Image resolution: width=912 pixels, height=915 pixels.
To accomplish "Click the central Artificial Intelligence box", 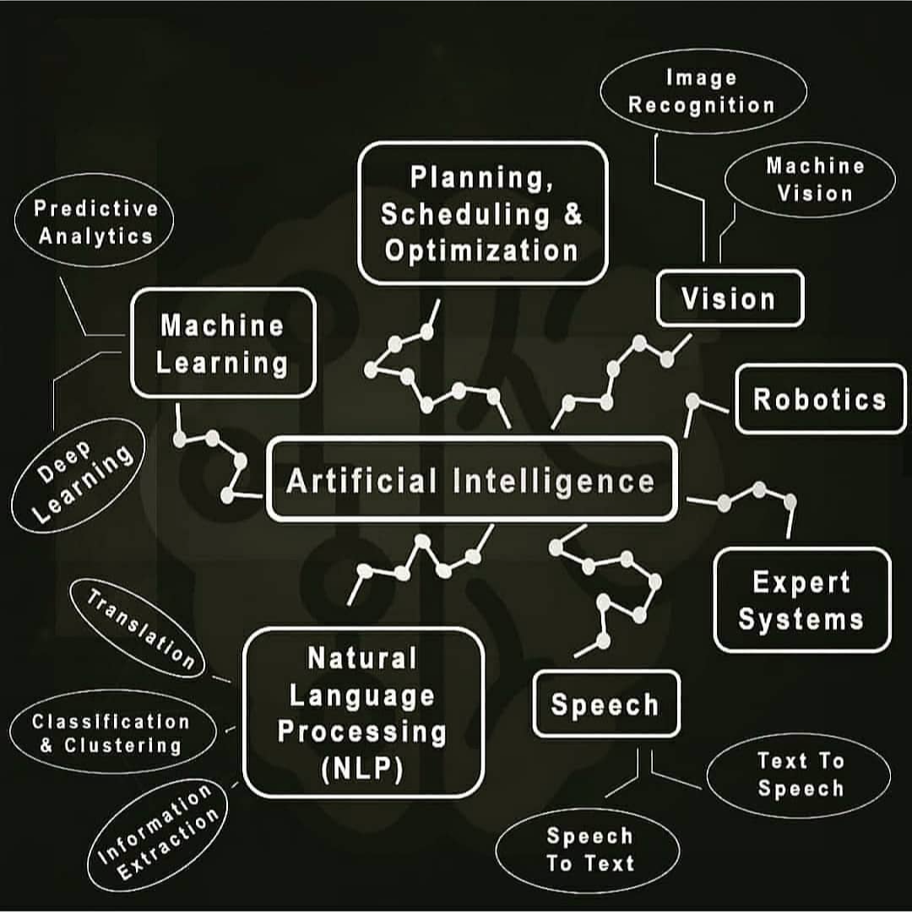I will coord(471,480).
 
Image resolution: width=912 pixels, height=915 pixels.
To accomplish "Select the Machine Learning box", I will coord(223,344).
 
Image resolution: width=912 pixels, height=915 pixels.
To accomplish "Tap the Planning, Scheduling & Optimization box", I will coord(482,213).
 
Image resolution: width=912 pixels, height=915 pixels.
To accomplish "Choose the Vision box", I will coord(729,298).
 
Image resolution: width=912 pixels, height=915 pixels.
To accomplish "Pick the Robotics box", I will coord(820,399).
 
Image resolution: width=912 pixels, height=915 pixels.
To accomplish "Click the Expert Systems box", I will coord(801,600).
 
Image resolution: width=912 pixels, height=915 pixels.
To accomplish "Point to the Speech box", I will coord(605,704).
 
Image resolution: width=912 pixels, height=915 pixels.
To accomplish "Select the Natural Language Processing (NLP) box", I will coord(363,713).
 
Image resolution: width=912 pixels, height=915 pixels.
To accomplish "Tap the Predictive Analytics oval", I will coord(95,222).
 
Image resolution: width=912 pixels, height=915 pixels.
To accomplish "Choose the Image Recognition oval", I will coord(702,91).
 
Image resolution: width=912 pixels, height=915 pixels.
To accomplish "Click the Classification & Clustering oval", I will coord(111,733).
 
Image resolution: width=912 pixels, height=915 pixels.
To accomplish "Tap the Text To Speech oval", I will coord(799,775).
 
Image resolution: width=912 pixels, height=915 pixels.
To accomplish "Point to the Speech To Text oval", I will coord(589,850).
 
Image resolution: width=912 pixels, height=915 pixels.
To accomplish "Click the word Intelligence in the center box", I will coord(554,481).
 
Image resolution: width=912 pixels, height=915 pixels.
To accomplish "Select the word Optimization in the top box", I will coord(481,251).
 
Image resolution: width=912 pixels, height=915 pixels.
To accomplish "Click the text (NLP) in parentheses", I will coord(363,771).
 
